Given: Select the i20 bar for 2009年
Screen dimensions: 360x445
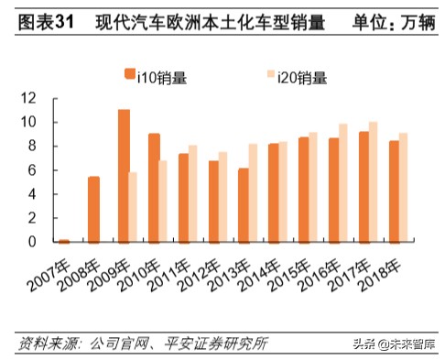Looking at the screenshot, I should click(134, 207).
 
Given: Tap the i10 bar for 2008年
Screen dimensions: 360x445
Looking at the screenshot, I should click(93, 210).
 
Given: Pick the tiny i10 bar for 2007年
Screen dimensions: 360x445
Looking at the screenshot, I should click(64, 241).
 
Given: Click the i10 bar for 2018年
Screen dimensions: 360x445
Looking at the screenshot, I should click(394, 191).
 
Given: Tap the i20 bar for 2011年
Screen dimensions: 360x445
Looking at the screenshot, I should click(193, 193).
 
